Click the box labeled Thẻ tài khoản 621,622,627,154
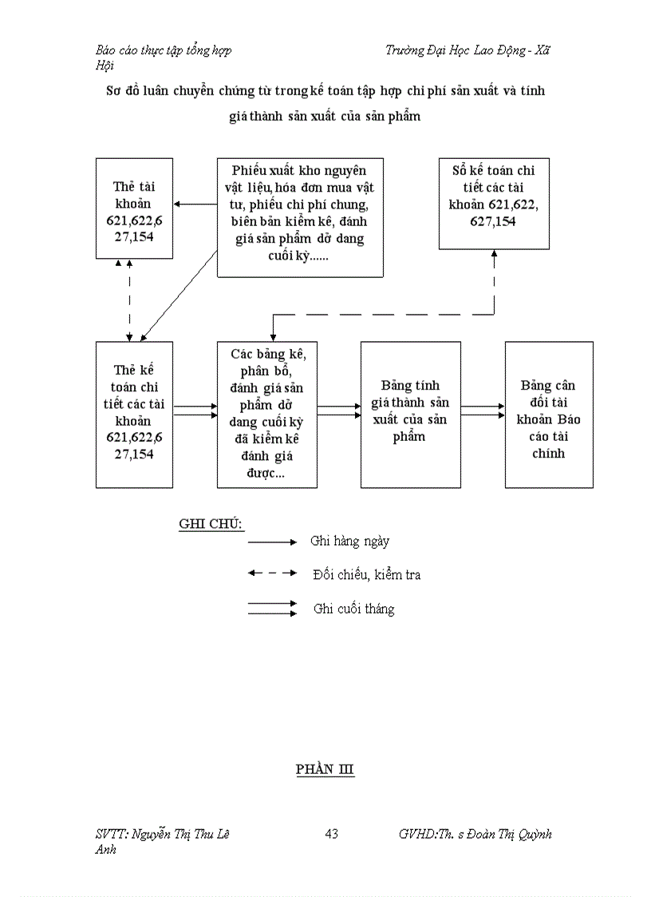134,208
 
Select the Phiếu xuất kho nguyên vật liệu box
299,217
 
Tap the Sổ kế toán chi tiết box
494,204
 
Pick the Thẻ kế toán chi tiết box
134,415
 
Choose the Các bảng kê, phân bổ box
267,415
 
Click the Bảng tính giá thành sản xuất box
410,415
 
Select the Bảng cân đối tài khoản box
549,415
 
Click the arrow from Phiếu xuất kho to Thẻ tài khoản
195,205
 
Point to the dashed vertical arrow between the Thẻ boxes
130,300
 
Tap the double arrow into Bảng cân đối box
483,411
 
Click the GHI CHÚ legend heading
211,524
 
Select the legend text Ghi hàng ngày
349,542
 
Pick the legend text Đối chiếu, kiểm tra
367,575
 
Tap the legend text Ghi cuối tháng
353,609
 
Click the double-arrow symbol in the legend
272,609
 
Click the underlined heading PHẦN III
325,769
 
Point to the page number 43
332,834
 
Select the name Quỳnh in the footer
533,835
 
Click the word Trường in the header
403,50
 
